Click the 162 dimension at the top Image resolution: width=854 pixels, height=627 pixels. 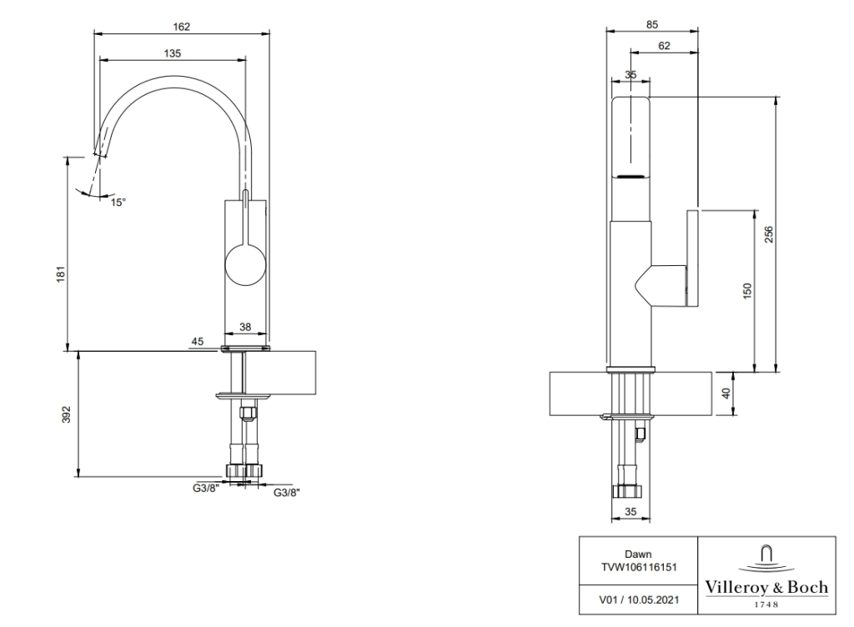182,27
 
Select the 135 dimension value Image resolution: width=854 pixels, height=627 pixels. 172,53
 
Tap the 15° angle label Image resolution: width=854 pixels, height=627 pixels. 119,202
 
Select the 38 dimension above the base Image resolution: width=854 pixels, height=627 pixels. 246,329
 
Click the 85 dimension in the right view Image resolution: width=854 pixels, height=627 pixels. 652,24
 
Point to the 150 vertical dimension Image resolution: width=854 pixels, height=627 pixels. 747,290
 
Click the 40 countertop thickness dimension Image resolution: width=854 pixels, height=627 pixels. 726,393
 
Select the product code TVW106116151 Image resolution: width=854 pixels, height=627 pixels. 638,565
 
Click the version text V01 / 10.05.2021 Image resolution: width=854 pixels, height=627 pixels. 638,597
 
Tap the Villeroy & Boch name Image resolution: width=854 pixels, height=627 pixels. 766,587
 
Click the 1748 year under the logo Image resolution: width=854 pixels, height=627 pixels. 766,602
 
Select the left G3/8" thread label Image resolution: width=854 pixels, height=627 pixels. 205,488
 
